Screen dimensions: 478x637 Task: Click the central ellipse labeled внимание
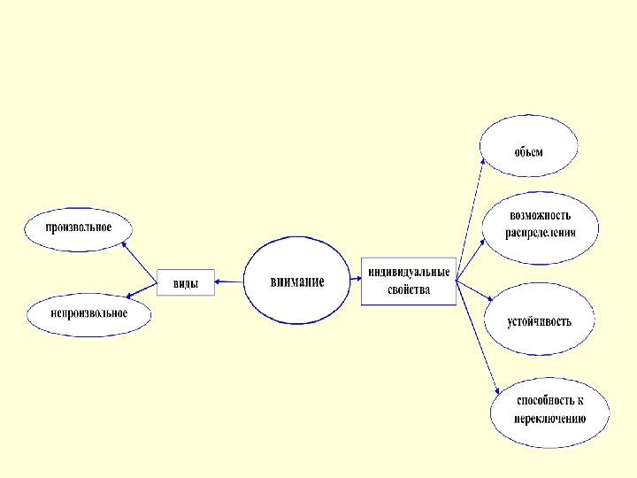coord(296,281)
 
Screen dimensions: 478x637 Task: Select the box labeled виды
coord(185,283)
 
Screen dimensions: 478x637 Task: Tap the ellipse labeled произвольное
coord(80,227)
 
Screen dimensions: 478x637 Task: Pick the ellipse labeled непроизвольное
coord(88,314)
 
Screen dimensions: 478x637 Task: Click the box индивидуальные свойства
coord(409,281)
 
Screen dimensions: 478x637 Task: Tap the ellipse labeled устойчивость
coord(539,320)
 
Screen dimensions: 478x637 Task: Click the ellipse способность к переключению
coord(550,410)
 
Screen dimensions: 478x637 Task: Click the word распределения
coord(541,234)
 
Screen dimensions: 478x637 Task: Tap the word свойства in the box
coord(409,289)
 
